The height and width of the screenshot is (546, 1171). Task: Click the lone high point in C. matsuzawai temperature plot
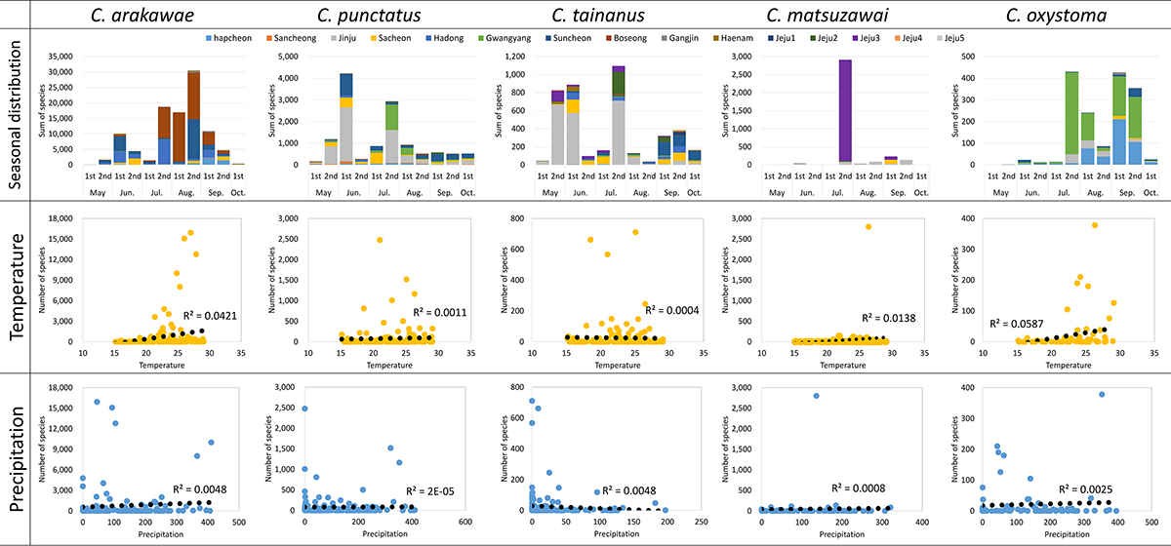(868, 226)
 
